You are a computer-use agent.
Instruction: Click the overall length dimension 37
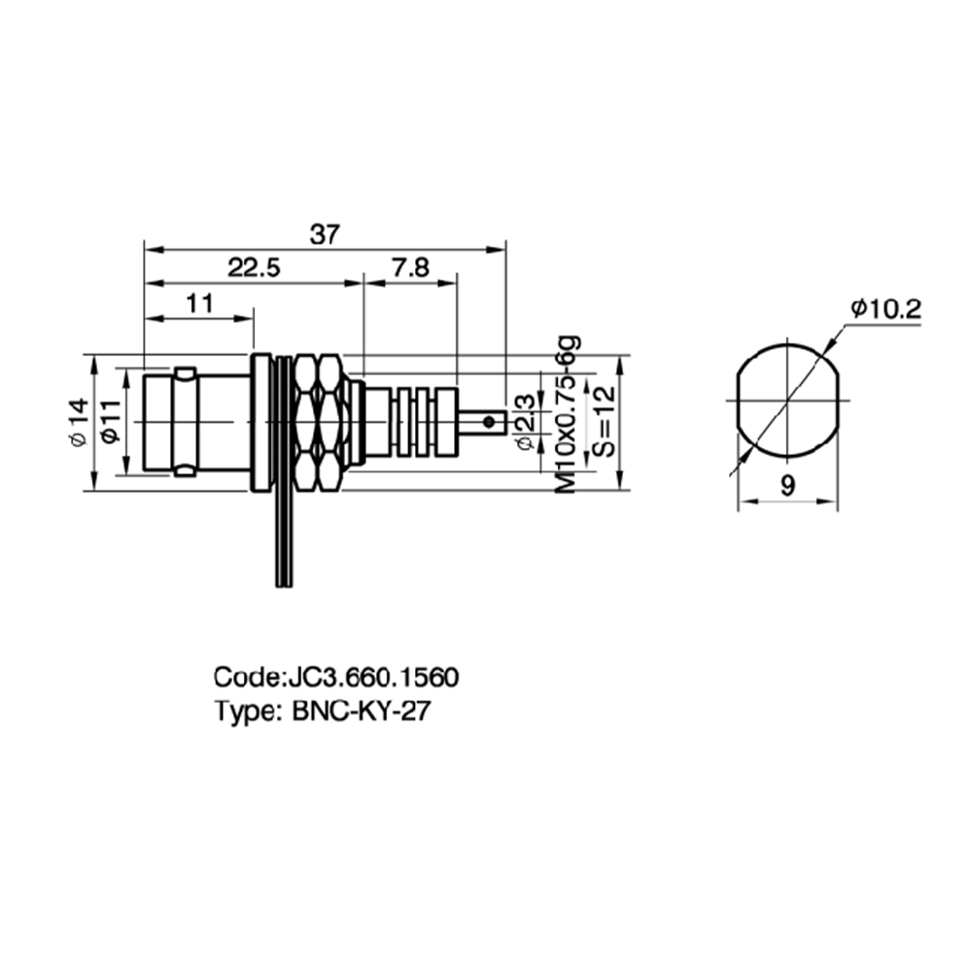[x=326, y=235]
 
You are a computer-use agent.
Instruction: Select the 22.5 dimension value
[x=254, y=268]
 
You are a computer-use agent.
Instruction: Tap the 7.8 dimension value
[x=410, y=268]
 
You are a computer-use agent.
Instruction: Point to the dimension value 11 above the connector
[x=200, y=303]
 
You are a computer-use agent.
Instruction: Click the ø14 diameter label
[x=79, y=422]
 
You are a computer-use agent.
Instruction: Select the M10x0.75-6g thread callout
[x=568, y=415]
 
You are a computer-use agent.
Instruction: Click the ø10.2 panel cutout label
[x=886, y=309]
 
